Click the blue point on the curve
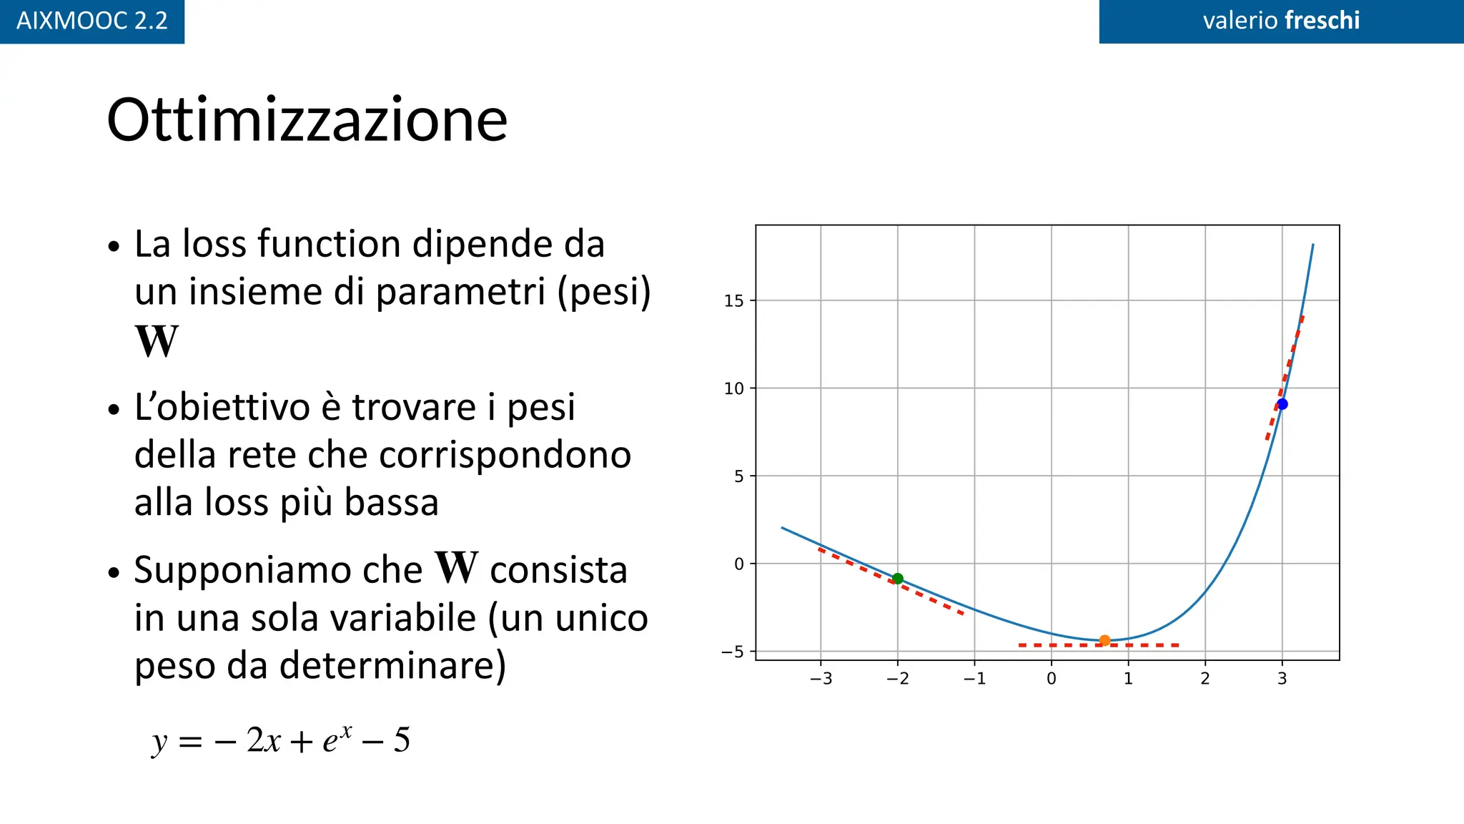tap(1282, 404)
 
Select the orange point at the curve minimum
tap(1104, 640)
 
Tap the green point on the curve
tap(898, 579)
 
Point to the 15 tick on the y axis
tap(734, 300)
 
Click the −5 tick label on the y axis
tap(733, 652)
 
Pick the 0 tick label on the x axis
tap(1052, 678)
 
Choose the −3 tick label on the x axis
tap(821, 678)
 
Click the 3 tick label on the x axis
tap(1282, 678)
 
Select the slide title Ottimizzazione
tap(307, 120)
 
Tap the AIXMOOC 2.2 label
tap(92, 21)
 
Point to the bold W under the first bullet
tap(156, 341)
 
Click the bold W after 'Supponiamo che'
tap(456, 568)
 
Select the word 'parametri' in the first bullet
tap(462, 292)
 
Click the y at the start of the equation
tap(159, 742)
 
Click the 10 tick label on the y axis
tap(734, 388)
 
